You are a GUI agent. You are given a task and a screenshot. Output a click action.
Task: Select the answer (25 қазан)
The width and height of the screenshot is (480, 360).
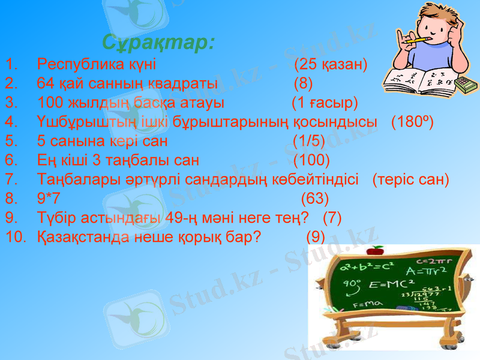pos(331,64)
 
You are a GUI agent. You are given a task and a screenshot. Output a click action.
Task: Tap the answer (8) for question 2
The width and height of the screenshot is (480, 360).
pos(303,82)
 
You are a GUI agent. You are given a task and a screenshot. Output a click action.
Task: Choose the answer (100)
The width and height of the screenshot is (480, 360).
pos(311,160)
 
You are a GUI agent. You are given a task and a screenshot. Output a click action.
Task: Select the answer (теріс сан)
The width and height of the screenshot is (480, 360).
pos(410,179)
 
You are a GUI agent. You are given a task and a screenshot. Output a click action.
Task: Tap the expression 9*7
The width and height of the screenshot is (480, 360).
pos(48,199)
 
